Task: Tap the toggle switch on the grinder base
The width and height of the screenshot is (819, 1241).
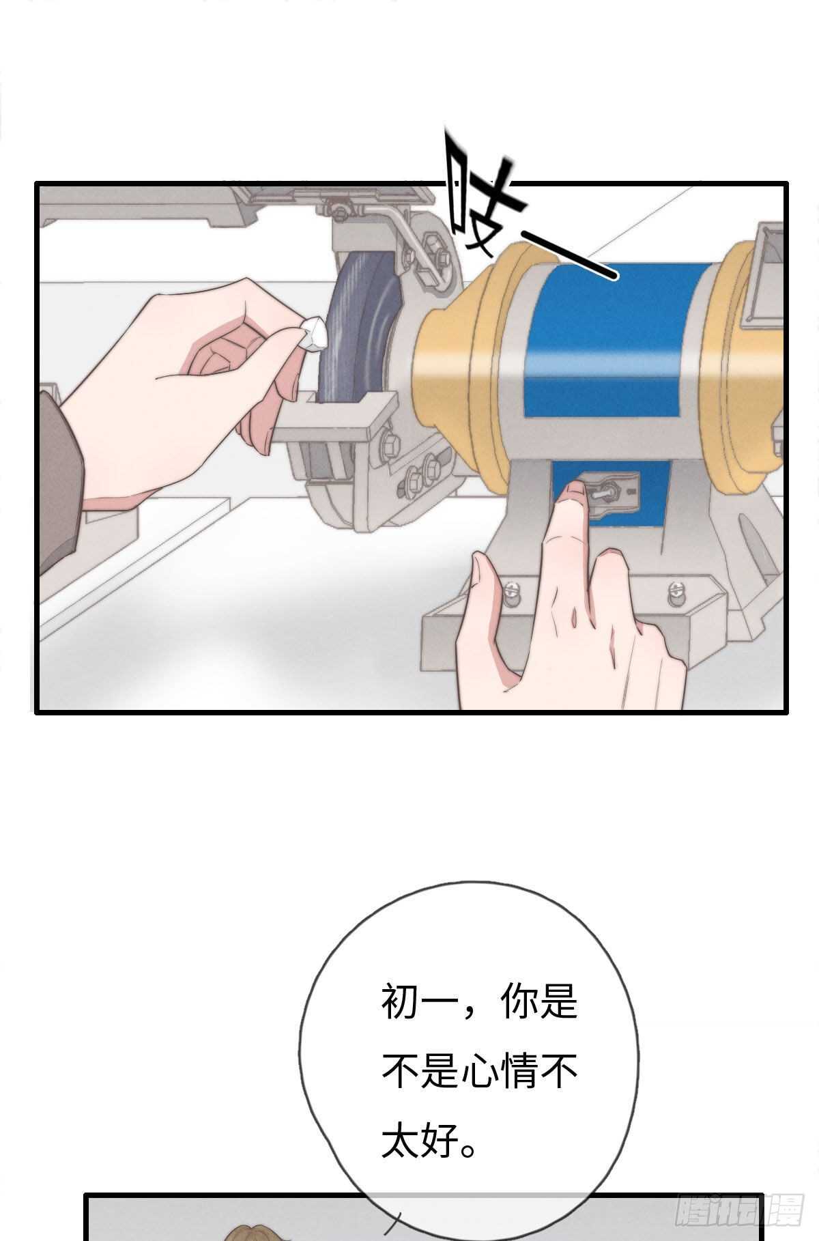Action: [606, 489]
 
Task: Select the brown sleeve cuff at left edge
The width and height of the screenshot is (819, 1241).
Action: [58, 478]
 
